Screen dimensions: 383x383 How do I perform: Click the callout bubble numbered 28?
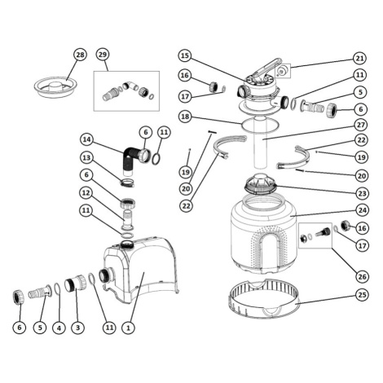80,55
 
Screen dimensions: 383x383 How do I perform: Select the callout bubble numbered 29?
103,55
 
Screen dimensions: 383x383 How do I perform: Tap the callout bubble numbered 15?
185,55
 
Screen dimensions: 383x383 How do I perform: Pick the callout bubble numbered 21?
359,58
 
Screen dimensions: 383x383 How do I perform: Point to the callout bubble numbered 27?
362,125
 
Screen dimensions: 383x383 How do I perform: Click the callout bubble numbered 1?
128,328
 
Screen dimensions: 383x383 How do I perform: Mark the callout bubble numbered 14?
86,139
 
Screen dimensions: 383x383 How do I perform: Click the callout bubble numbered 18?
185,117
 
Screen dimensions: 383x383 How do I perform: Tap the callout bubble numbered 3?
77,328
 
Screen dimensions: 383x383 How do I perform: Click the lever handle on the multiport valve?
266,68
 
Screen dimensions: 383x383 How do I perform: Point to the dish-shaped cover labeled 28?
55,87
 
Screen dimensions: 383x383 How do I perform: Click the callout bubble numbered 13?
86,158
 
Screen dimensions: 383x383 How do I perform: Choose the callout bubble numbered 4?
59,328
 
